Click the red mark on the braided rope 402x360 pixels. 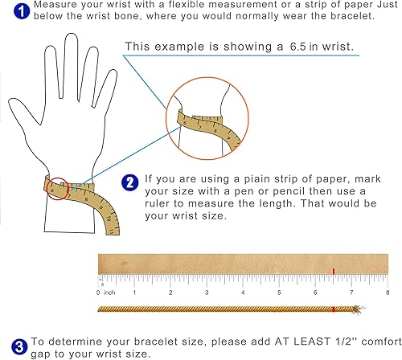[332, 309]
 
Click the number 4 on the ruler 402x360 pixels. [244, 293]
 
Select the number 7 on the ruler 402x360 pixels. [351, 293]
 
